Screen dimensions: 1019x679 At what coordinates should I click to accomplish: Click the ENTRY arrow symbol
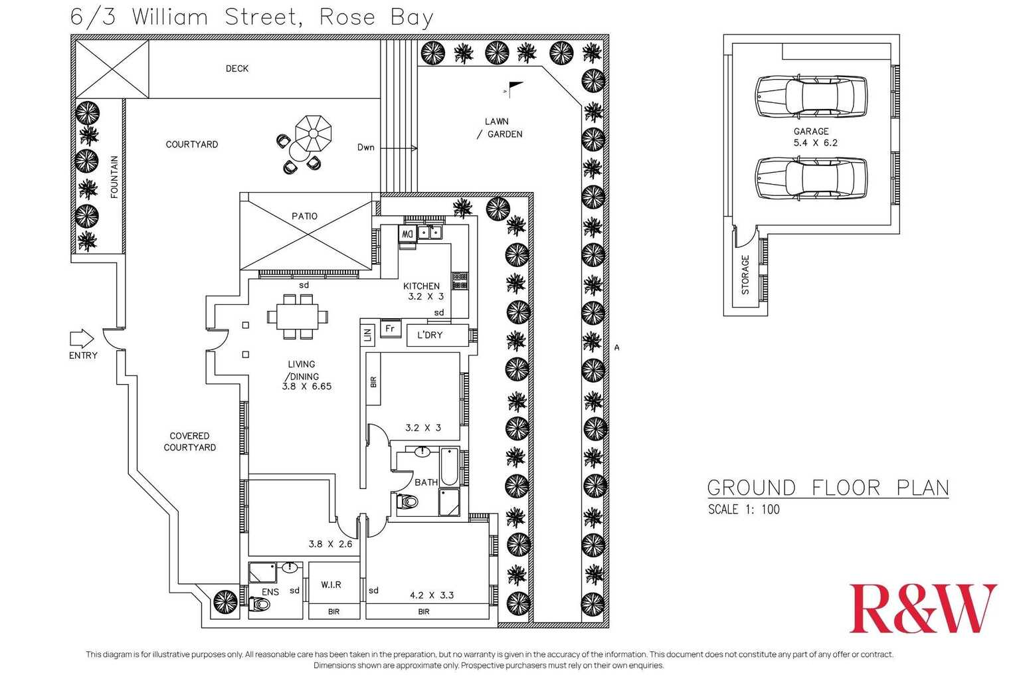[82, 339]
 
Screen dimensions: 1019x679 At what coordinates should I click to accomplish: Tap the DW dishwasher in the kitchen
[407, 234]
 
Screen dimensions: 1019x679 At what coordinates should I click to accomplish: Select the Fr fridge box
[391, 329]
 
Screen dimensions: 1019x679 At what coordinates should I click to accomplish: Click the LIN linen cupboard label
[367, 336]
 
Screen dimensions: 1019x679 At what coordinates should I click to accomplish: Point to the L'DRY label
[430, 335]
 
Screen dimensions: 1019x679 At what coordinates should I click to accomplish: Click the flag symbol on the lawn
[514, 89]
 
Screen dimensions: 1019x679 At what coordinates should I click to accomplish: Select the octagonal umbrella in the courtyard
[314, 134]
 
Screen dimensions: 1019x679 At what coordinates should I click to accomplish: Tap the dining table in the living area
[298, 316]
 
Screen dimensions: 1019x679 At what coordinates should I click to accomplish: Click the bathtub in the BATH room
[450, 467]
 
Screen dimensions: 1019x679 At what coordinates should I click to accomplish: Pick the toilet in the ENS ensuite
[259, 605]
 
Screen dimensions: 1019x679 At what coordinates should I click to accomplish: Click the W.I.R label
[331, 585]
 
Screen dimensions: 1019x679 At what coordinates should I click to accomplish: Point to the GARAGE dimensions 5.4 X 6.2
[816, 143]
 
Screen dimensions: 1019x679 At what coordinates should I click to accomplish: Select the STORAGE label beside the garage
[745, 275]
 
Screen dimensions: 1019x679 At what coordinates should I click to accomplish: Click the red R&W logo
[923, 608]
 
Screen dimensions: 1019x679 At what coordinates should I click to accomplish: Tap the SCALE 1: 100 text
[744, 509]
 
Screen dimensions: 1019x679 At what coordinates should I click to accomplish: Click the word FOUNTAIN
[114, 177]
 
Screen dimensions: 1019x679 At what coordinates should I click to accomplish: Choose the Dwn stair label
[366, 147]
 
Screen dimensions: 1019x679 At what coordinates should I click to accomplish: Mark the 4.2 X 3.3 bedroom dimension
[432, 595]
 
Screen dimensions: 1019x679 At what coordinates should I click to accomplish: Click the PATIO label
[305, 216]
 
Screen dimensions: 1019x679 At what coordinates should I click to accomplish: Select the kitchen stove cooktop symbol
[460, 280]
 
